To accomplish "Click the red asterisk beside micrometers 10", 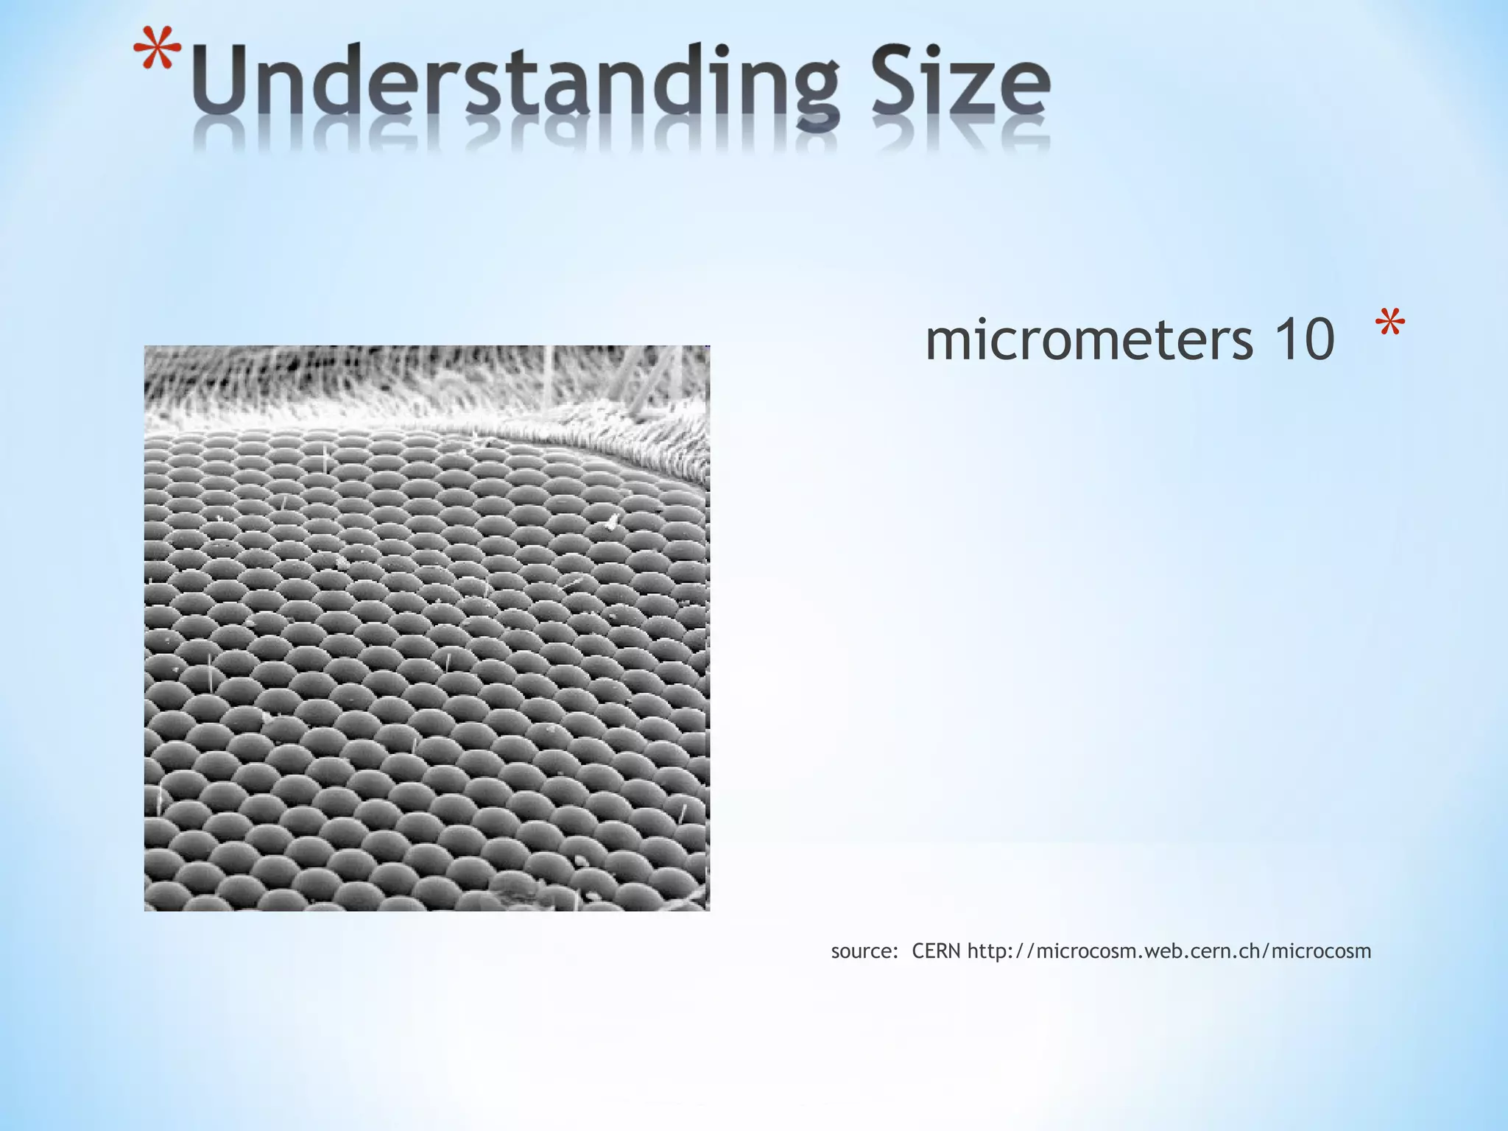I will pos(1389,325).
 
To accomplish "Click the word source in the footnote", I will pos(861,951).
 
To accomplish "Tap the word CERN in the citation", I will pos(936,951).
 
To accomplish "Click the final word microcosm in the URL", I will pos(1321,951).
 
